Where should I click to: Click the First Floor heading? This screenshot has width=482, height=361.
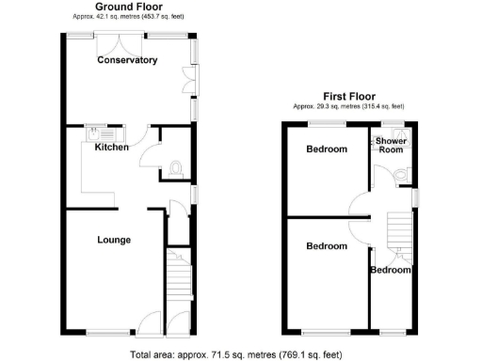(349, 96)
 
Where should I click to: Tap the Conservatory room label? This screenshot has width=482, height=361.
(127, 60)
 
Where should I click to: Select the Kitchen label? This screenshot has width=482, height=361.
(112, 147)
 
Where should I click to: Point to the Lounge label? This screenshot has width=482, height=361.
(114, 240)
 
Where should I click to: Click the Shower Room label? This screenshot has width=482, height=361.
(393, 146)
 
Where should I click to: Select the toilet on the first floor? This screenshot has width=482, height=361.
(402, 175)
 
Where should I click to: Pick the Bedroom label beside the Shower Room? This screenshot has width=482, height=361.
(327, 149)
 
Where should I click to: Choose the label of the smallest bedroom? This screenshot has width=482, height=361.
(391, 270)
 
